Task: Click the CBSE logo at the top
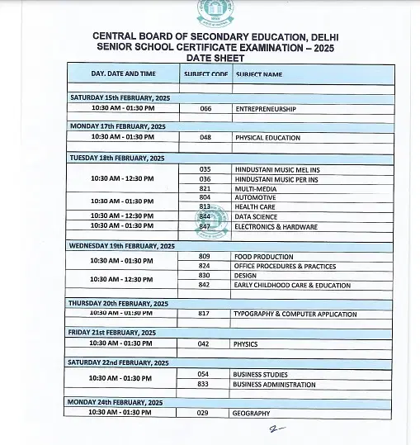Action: (x=214, y=12)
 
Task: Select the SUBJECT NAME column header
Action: (x=259, y=74)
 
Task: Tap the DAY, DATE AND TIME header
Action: (x=123, y=73)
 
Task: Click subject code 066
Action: (x=205, y=108)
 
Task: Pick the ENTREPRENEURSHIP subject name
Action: (x=265, y=108)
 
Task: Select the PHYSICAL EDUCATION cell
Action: (x=267, y=138)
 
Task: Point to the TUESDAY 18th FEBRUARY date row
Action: (x=118, y=157)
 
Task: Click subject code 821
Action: (x=205, y=188)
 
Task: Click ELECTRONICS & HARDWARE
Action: (x=276, y=226)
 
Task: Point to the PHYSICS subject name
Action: (x=246, y=344)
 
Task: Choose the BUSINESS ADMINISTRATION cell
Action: (x=274, y=384)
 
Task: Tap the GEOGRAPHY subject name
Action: (x=252, y=413)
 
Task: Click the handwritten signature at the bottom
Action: (x=276, y=429)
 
